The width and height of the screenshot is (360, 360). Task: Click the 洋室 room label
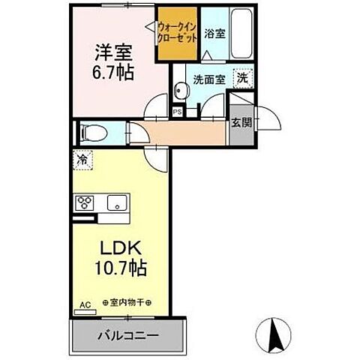[112, 54]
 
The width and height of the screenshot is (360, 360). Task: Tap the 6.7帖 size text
[112, 73]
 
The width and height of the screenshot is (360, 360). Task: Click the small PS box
[178, 112]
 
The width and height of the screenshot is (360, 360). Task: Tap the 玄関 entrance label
[239, 124]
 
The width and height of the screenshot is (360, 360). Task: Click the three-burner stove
[84, 202]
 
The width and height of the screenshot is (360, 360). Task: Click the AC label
[85, 305]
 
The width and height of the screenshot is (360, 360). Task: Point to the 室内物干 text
[127, 303]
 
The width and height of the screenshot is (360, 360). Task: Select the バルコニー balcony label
[127, 331]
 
